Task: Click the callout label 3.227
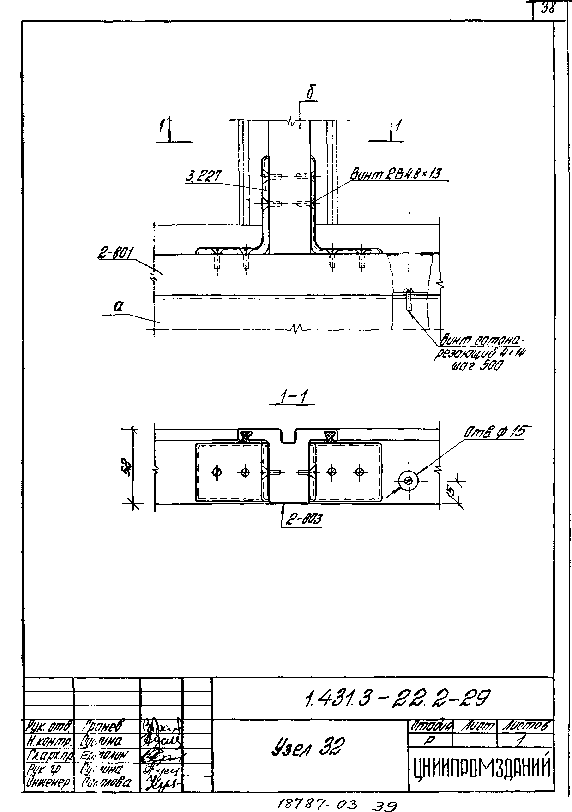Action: (203, 176)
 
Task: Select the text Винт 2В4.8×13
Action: (396, 174)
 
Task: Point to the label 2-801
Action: (115, 254)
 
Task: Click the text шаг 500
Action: (476, 366)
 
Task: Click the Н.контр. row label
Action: (49, 740)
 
